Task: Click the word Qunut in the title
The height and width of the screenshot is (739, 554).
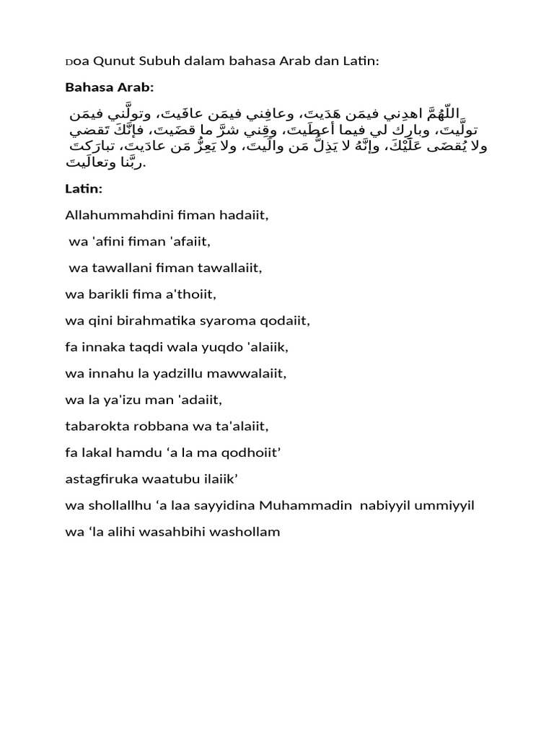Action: coord(110,61)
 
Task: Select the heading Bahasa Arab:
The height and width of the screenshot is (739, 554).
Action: coord(110,87)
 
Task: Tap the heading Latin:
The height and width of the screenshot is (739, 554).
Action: coord(84,188)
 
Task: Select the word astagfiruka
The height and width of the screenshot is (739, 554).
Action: coord(98,480)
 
